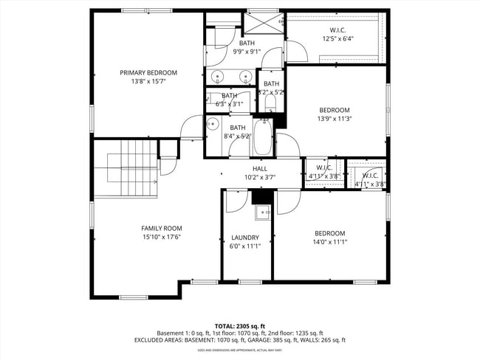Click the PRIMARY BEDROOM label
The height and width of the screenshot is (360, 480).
[148, 72]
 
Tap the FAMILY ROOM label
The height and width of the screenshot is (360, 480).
[162, 228]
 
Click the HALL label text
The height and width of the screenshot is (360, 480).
[260, 169]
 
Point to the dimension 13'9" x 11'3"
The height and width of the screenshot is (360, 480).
[334, 119]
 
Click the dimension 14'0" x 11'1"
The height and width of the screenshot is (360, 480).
[329, 242]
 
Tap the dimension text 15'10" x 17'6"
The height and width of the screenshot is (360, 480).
[162, 237]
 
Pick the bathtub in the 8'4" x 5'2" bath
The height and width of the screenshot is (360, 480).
[264, 137]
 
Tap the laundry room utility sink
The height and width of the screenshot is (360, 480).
[262, 213]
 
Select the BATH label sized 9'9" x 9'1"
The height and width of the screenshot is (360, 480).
[246, 44]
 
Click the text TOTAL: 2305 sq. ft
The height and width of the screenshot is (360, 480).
[240, 325]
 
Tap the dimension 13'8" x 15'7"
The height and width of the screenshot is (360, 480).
[148, 81]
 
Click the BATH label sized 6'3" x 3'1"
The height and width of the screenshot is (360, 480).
[230, 95]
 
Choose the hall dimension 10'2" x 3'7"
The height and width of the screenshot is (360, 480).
[260, 177]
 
